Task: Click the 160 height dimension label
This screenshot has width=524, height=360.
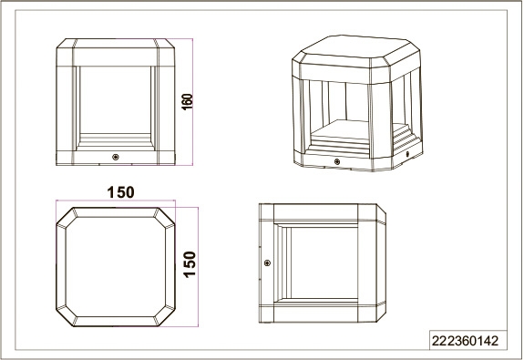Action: (187, 101)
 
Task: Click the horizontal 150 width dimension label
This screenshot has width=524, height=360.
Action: (120, 192)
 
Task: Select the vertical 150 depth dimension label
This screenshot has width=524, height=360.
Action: (190, 264)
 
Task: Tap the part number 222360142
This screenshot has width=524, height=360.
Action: (465, 341)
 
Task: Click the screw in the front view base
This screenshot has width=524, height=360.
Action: (116, 157)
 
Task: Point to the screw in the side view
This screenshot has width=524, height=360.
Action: (267, 263)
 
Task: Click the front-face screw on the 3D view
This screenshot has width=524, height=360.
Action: (336, 161)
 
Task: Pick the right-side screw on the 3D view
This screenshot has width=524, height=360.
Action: (407, 154)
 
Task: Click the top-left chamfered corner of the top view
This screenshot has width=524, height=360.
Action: (66, 216)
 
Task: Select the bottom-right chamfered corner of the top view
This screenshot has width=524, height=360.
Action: (166, 316)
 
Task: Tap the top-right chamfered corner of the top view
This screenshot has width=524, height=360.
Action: (166, 217)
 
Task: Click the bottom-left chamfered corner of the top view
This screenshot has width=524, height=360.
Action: (66, 316)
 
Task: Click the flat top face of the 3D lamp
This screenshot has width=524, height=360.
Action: (356, 49)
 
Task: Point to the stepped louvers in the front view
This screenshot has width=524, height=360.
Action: (116, 142)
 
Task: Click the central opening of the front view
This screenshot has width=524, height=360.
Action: (116, 99)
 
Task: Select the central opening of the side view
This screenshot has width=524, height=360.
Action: (324, 263)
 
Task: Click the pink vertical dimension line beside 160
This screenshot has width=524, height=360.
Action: (192, 101)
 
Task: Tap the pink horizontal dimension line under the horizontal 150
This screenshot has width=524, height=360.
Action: (116, 201)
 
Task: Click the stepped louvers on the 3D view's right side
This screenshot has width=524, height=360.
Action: (403, 138)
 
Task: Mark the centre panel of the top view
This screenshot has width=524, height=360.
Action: (116, 266)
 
